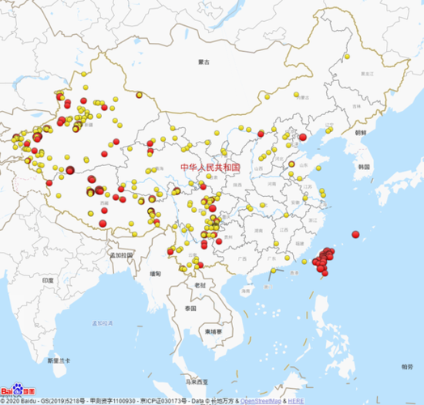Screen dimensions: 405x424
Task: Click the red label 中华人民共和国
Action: (210, 168)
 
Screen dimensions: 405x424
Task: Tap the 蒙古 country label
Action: (204, 62)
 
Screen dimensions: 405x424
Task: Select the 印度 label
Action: (48, 280)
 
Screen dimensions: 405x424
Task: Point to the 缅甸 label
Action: (155, 274)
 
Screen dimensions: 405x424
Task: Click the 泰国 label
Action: (190, 309)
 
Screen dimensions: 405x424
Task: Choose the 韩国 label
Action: (363, 166)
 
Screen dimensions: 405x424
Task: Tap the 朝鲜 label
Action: (359, 131)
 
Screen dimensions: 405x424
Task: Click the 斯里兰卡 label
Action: (59, 360)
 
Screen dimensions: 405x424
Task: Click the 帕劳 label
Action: (405, 366)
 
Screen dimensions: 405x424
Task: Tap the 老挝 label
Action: (200, 285)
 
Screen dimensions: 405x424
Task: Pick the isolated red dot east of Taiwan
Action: (355, 234)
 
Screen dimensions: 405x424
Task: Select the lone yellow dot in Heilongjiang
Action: (346, 58)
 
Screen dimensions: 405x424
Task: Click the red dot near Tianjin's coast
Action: (303, 138)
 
